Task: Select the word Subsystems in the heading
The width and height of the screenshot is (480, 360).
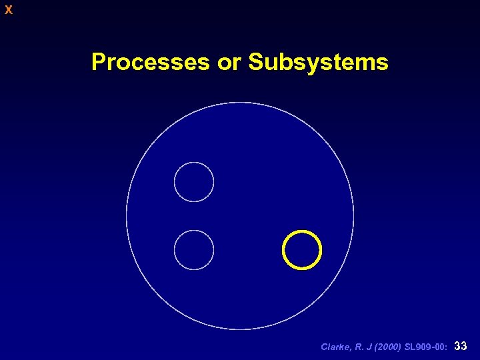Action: (x=317, y=62)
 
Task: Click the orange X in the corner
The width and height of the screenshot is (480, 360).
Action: (x=9, y=10)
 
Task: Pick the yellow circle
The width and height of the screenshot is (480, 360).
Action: (x=302, y=249)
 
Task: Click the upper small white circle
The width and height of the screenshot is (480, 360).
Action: (x=194, y=182)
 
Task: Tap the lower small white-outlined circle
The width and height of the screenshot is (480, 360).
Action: (x=194, y=249)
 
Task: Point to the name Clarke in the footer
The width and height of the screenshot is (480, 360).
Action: (x=335, y=347)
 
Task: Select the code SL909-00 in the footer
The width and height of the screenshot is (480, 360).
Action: (x=425, y=347)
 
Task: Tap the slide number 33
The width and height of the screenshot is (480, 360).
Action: (x=460, y=346)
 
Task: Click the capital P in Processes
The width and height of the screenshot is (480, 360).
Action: (x=98, y=62)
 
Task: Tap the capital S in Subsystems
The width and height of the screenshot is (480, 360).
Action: (x=255, y=62)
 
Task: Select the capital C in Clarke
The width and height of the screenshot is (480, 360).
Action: (x=325, y=347)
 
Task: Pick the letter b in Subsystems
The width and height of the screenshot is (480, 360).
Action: (x=281, y=62)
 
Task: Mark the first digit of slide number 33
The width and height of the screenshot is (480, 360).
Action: (x=457, y=346)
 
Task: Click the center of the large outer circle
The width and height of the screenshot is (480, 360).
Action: (x=240, y=215)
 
